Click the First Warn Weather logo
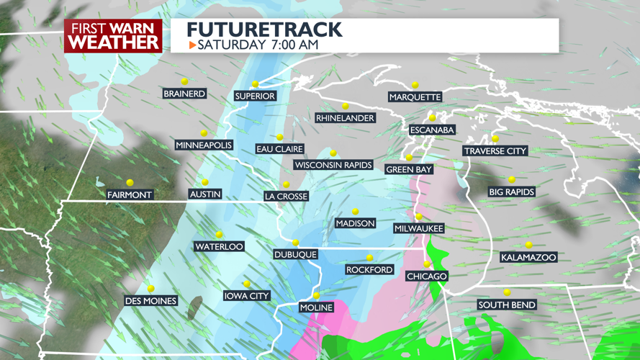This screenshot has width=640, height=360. (113, 36)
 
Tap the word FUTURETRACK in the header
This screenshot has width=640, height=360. (264, 30)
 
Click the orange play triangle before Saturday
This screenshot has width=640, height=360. (192, 45)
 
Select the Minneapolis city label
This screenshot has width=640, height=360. (204, 145)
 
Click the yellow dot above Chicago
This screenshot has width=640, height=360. (427, 264)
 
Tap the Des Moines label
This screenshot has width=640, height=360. (150, 300)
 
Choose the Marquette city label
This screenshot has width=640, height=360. (415, 97)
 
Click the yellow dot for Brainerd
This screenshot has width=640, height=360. (184, 81)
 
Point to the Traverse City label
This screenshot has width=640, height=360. (495, 151)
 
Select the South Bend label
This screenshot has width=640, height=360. (507, 305)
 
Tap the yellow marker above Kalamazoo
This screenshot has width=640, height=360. (529, 246)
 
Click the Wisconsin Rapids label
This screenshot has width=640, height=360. (333, 165)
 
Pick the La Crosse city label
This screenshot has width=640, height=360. (286, 196)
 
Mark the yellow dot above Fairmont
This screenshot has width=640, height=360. (130, 183)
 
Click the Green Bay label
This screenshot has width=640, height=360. (409, 169)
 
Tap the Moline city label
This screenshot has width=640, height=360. (316, 307)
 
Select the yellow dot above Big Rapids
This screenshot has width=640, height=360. (512, 180)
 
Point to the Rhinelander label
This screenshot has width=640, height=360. (345, 118)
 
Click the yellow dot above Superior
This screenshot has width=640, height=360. (255, 84)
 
